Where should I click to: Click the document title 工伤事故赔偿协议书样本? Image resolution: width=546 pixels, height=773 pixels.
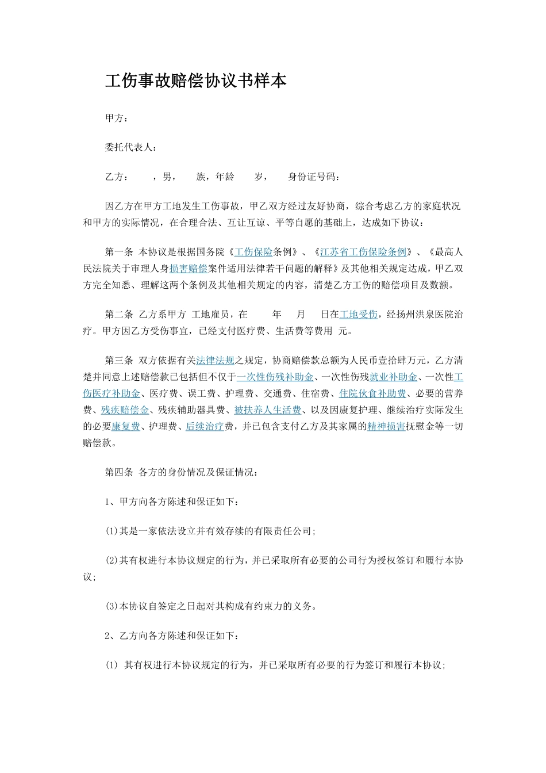(195, 81)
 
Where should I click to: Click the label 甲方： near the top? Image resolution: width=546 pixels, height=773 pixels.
(117, 118)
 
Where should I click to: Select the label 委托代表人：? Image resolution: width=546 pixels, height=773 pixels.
(131, 147)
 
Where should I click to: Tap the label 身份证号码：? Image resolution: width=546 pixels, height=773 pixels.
(314, 177)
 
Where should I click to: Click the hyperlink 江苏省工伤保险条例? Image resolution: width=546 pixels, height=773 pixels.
(363, 252)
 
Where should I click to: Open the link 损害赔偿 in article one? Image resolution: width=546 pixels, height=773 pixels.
(188, 268)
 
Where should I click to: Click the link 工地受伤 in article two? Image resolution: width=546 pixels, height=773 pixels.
(359, 315)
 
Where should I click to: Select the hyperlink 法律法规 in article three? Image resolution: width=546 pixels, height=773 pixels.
(215, 361)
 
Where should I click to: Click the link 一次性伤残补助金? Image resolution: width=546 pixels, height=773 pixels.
(275, 377)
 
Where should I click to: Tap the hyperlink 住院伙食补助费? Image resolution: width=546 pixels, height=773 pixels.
(372, 393)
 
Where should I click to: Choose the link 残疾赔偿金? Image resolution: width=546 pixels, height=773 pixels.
(125, 410)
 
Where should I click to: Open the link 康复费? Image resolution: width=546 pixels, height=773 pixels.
(125, 427)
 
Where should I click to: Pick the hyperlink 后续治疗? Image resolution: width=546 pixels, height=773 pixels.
(205, 427)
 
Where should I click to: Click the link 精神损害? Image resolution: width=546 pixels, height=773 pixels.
(386, 427)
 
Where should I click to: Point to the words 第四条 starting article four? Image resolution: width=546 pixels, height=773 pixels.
(119, 472)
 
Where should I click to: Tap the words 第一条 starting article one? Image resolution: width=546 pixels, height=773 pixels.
(119, 252)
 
